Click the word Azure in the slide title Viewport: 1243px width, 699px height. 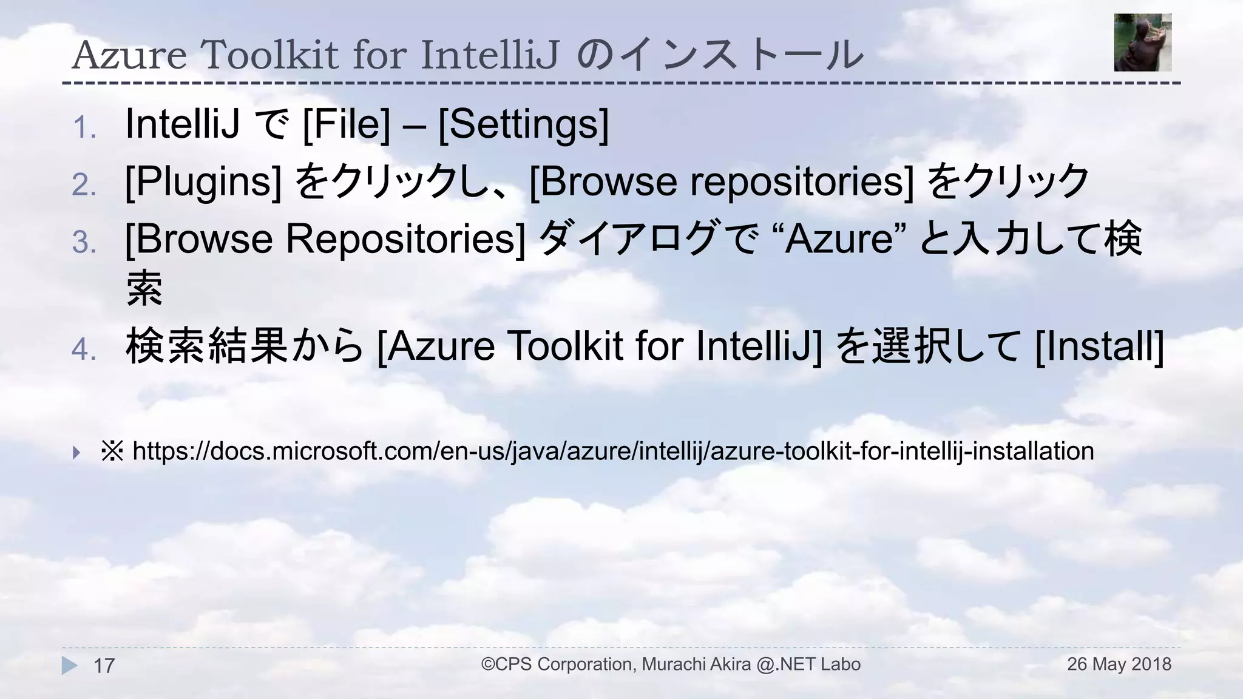tap(129, 55)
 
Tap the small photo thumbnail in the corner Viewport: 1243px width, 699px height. tap(1142, 42)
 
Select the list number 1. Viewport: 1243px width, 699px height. tap(84, 128)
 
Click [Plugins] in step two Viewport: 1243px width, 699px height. tap(203, 181)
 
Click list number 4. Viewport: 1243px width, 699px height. tap(84, 349)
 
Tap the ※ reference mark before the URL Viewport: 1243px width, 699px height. tap(112, 451)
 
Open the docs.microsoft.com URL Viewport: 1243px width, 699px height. tap(613, 451)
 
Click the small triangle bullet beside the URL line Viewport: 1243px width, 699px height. tap(76, 452)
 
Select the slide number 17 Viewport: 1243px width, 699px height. tap(104, 666)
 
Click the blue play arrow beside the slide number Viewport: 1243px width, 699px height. tap(69, 666)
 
